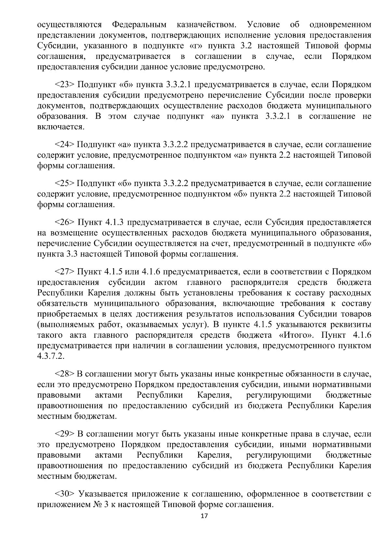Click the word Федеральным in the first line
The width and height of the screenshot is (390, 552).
pos(139,25)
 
